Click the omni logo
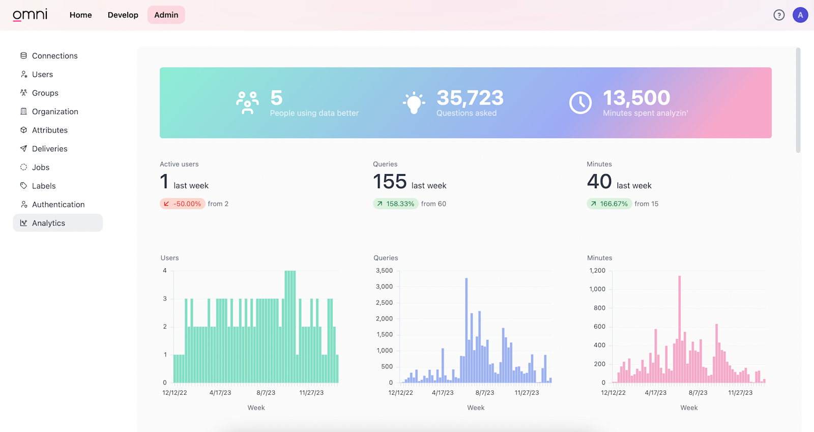pyautogui.click(x=30, y=15)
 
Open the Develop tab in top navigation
pyautogui.click(x=123, y=15)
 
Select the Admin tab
pyautogui.click(x=166, y=15)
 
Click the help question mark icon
pyautogui.click(x=778, y=15)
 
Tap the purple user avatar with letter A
pyautogui.click(x=800, y=15)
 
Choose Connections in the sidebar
pyautogui.click(x=54, y=56)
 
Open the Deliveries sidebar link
pyautogui.click(x=49, y=149)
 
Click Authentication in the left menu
pyautogui.click(x=58, y=204)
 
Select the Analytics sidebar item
pyautogui.click(x=48, y=223)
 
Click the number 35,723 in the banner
pyautogui.click(x=470, y=98)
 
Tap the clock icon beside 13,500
pyautogui.click(x=580, y=103)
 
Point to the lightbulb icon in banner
pyautogui.click(x=414, y=103)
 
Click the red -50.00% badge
pyautogui.click(x=183, y=204)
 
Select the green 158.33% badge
pyautogui.click(x=395, y=204)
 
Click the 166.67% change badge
pyautogui.click(x=609, y=204)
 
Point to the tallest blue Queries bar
pyautogui.click(x=466, y=331)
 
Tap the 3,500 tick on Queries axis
pyautogui.click(x=384, y=271)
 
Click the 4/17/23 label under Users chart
pyautogui.click(x=220, y=393)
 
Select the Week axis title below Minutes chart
pyautogui.click(x=689, y=408)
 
